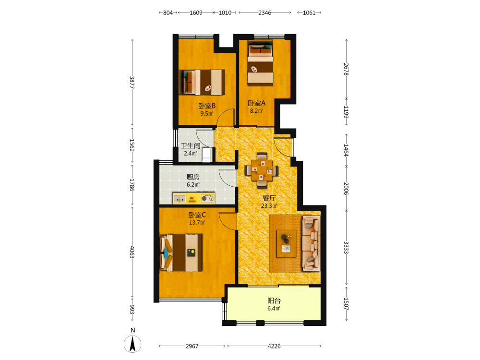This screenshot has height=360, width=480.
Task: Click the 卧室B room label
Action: point(207,106)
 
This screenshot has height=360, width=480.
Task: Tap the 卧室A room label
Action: point(256,103)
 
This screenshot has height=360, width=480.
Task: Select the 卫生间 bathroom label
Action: point(191,146)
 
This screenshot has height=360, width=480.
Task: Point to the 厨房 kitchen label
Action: point(193,177)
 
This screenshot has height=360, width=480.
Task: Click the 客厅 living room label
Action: point(269,198)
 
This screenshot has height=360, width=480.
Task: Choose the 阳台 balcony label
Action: point(274,300)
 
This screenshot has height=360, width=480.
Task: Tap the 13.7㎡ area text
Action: point(197,223)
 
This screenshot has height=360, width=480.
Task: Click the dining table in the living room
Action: point(262,170)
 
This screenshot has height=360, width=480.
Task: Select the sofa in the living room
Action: point(312,243)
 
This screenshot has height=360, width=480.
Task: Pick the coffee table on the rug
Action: point(286,244)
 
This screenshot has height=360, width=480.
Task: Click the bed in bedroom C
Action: point(181,253)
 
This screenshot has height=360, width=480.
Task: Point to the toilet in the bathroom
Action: point(207,155)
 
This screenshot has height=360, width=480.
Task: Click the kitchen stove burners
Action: point(208,198)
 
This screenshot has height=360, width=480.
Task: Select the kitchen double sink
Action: point(180,199)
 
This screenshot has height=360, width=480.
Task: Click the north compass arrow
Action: point(132,344)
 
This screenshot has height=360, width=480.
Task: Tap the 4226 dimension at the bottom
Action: point(274,346)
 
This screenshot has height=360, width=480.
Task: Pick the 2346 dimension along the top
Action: point(265,12)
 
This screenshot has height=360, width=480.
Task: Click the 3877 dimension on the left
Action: point(132,83)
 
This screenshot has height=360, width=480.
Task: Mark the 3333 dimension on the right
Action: point(346,247)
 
